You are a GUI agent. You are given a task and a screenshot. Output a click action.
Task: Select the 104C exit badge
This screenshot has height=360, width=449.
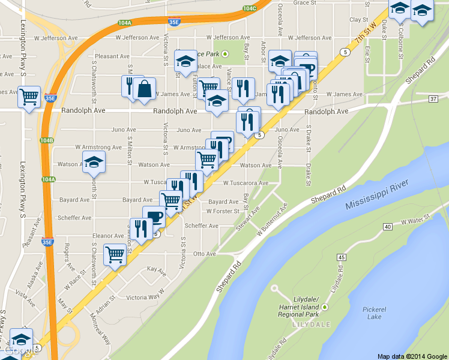(250, 8)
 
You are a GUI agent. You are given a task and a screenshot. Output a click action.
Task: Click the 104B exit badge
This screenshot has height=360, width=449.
(47, 140)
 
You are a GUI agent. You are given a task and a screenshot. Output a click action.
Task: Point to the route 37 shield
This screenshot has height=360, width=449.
(433, 98)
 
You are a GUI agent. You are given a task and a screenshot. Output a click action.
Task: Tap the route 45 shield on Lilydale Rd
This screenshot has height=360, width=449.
(342, 257)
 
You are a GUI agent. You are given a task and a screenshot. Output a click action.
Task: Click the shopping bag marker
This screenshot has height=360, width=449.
(145, 89)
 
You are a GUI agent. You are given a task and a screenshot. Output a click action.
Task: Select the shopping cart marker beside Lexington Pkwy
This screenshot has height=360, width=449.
(29, 96)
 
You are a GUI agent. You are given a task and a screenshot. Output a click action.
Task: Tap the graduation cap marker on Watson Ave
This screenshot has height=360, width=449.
(94, 162)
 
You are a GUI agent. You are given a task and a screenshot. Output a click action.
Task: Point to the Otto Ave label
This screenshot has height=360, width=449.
(205, 254)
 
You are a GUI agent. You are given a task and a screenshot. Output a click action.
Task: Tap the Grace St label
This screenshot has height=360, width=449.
(304, 3)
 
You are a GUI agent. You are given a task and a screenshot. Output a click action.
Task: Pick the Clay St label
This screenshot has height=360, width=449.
(358, 20)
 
